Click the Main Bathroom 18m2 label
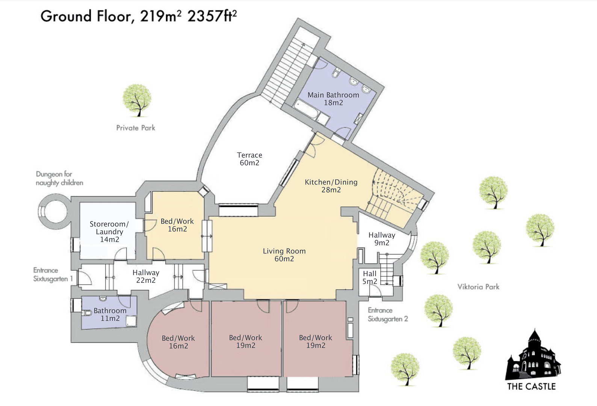pos(333,99)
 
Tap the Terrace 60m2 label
pos(249,159)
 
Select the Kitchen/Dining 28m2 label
pos(331,186)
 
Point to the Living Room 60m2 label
pos(284,255)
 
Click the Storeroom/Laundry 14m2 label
pos(109,232)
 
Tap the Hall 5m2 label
pos(370,277)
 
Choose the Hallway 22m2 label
pos(146,276)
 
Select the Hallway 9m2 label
pos(382,239)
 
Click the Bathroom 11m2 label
pos(110,314)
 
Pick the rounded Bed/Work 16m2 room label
pos(178,342)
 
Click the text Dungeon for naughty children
pos(59,179)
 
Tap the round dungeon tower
pos(54,211)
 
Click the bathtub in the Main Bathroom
pos(306,109)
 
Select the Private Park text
pos(136,128)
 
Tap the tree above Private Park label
pos(138,100)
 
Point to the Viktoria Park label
pos(478,287)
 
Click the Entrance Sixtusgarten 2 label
pos(387,315)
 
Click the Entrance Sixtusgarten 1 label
pos(53,274)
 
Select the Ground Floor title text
pos(139,16)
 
